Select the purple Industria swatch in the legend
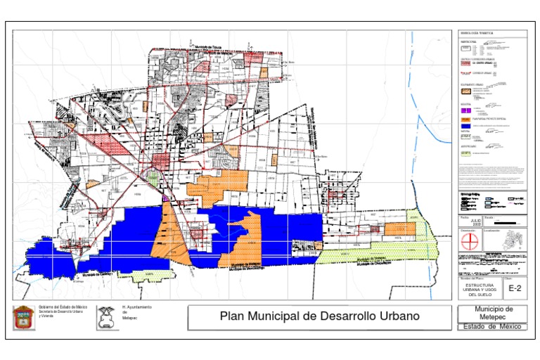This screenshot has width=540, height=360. pyautogui.click(x=464, y=110)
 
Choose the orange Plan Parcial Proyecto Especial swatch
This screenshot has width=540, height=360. pyautogui.click(x=465, y=119)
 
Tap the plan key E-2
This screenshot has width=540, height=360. pyautogui.click(x=515, y=288)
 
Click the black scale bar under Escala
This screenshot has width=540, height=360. pyautogui.click(x=506, y=223)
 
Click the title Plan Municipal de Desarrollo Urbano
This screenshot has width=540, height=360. pyautogui.click(x=319, y=316)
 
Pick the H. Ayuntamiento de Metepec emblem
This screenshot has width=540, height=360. pyautogui.click(x=108, y=317)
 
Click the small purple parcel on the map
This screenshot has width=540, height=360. pyautogui.click(x=165, y=199)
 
